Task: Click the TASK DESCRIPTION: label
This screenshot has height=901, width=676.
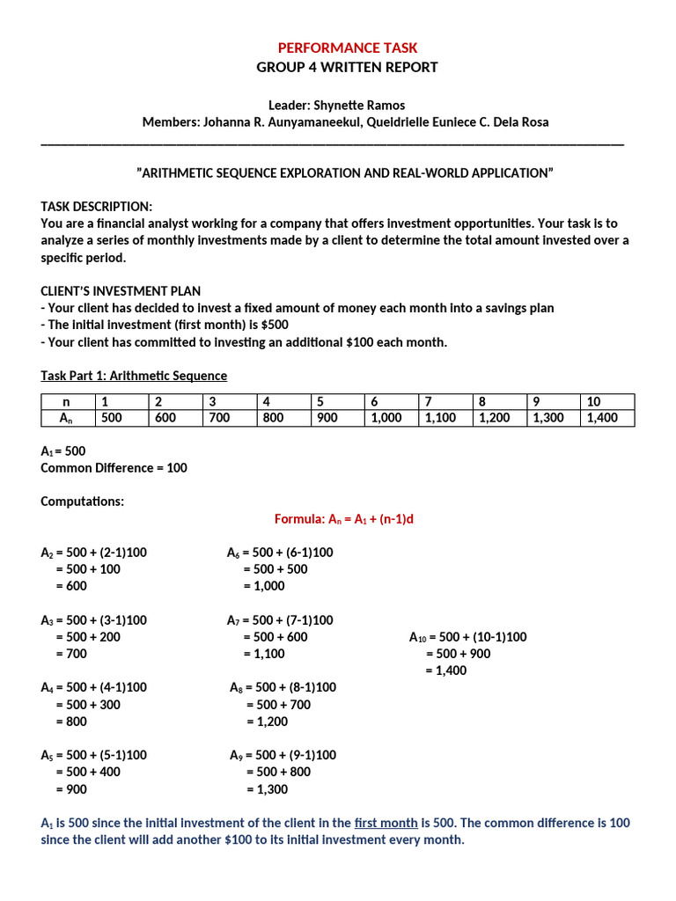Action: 97,206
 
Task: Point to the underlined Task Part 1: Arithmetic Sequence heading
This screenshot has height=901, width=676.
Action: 134,376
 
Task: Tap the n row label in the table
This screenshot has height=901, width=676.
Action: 67,402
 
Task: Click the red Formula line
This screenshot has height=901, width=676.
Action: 343,519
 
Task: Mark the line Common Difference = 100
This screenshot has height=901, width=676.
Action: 114,468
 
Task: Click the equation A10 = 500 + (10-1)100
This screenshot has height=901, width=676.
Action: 467,637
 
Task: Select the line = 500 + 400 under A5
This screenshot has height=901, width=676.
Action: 88,772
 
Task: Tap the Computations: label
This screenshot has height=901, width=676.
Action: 83,502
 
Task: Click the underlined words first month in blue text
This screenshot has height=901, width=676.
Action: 386,823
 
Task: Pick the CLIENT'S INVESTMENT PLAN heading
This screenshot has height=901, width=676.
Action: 121,291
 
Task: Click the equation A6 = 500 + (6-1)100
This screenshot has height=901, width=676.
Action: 280,553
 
